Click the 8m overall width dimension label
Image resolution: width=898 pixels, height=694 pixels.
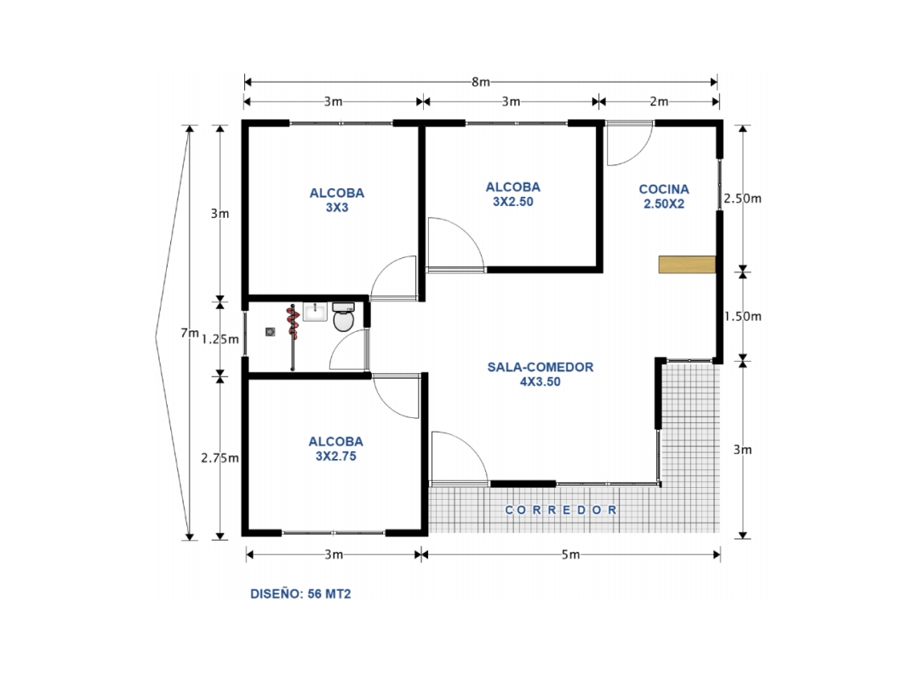481,83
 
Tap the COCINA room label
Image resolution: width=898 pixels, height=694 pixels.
664,196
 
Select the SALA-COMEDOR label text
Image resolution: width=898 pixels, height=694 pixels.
540,374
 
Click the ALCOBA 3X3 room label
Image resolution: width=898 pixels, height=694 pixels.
337,199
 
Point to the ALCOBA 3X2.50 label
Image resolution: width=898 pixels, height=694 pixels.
512,194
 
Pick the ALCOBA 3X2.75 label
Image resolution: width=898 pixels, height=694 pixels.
335,449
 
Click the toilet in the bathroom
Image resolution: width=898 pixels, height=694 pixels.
343,320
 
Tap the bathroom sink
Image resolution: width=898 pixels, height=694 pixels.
315,311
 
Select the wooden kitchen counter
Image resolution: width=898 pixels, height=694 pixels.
686,265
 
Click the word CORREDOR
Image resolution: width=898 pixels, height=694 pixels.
561,510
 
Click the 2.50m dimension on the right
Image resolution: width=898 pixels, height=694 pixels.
742,198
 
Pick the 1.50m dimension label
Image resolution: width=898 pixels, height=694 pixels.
742,316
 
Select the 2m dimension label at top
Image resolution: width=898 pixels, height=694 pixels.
659,101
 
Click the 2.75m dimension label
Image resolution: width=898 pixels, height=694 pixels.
220,457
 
